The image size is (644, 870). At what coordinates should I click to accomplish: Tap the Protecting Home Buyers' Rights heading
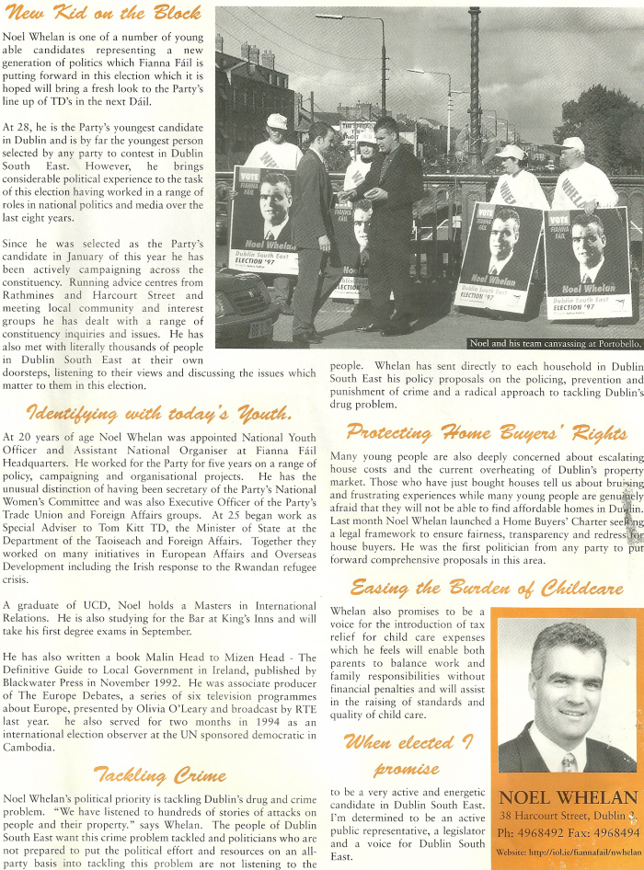[487, 431]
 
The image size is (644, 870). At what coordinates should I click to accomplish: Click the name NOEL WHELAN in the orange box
[568, 796]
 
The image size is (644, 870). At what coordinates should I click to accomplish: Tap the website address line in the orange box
[567, 853]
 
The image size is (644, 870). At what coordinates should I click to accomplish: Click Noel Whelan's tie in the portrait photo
[569, 760]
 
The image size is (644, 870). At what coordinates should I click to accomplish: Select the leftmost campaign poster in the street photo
[263, 221]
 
